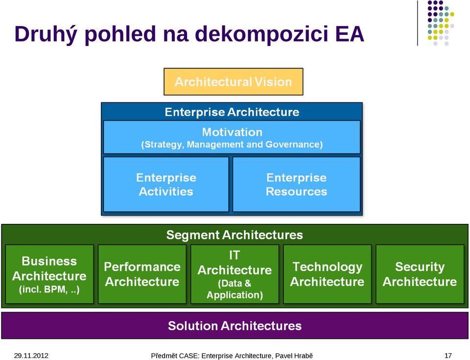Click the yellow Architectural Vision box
(233, 82)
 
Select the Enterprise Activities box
(166, 184)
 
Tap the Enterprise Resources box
(297, 184)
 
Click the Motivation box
(232, 137)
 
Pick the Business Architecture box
(49, 274)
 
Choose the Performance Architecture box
(142, 274)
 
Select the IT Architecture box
(235, 274)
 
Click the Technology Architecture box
(328, 274)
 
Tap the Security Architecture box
(420, 274)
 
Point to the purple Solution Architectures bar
(235, 326)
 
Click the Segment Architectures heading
(235, 235)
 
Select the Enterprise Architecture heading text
(232, 112)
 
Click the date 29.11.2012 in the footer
(31, 356)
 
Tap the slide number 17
(448, 356)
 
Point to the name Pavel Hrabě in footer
(294, 356)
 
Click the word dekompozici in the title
(261, 34)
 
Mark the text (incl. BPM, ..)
(49, 289)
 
